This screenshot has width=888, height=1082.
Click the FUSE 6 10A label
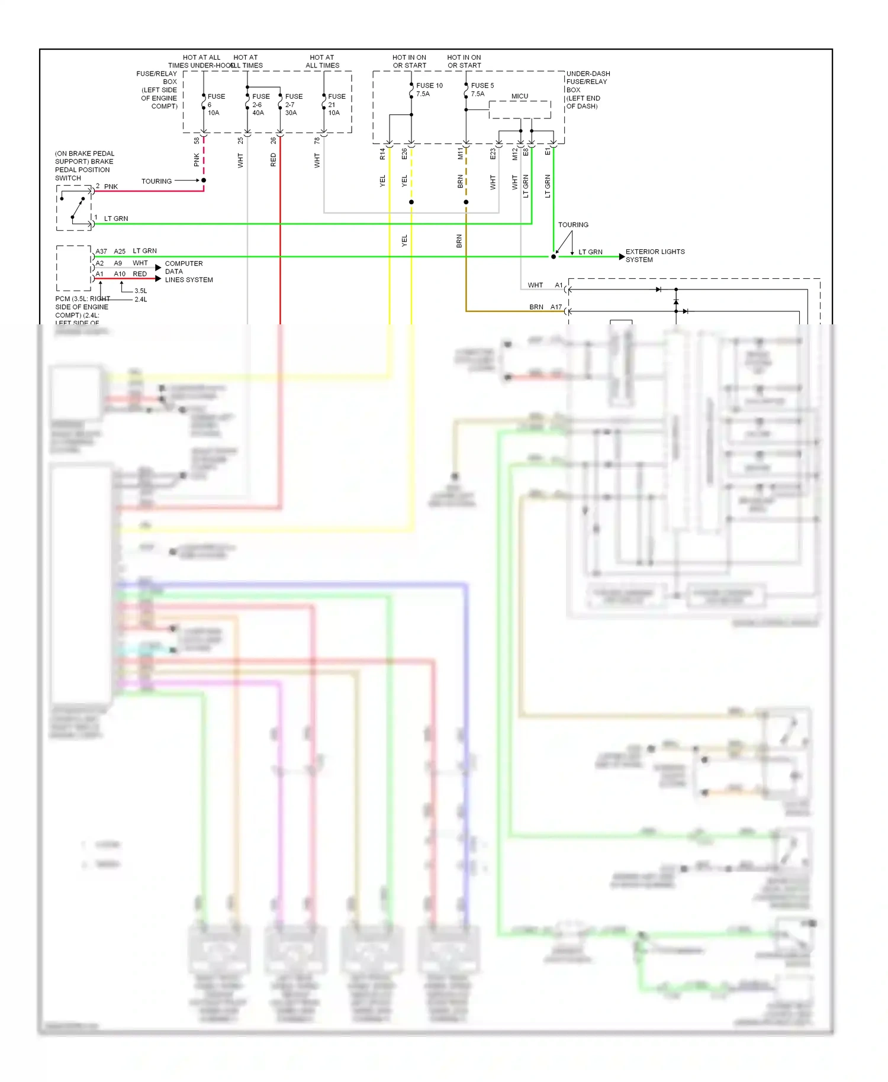(215, 104)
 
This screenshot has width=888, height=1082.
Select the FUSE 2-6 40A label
(260, 104)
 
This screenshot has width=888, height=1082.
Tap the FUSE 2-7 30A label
(293, 104)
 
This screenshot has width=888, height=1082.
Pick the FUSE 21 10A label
(336, 104)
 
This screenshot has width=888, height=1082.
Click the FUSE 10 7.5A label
(429, 89)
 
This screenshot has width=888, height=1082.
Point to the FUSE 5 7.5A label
(481, 89)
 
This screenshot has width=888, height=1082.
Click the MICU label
(519, 96)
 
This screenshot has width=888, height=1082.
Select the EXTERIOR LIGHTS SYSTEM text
(654, 256)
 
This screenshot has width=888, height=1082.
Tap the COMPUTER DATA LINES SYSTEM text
(188, 272)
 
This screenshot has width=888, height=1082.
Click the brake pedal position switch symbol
(74, 207)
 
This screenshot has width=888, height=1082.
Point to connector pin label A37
(101, 252)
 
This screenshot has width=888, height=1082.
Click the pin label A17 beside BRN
(556, 307)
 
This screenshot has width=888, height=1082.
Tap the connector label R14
(382, 154)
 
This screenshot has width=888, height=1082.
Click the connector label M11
(461, 154)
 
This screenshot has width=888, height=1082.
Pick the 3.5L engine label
(140, 291)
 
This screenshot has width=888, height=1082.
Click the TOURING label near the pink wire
(156, 181)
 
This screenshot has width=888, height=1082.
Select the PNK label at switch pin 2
(111, 186)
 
